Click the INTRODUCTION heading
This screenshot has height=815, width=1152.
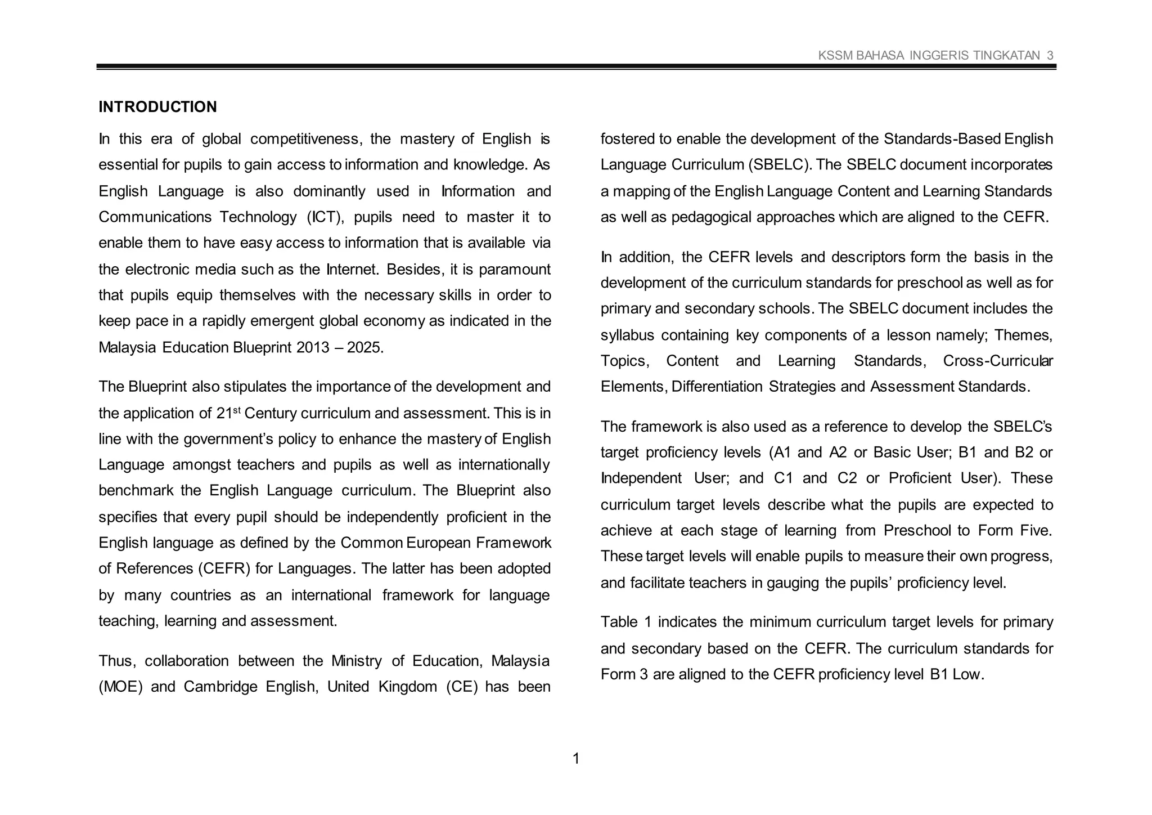coord(157,107)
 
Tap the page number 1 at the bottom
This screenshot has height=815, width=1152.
coord(575,759)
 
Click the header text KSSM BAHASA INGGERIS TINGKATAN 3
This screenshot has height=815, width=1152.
coord(935,55)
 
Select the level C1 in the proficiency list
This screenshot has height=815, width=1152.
coord(783,478)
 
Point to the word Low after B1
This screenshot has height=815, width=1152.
coord(967,674)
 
